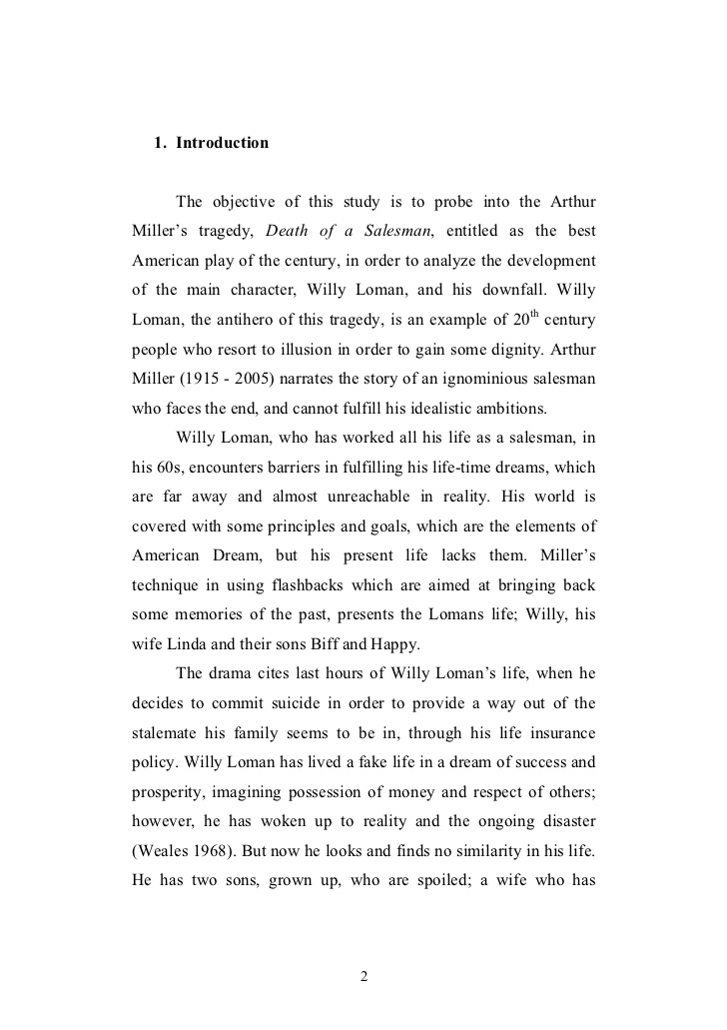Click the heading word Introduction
[222, 143]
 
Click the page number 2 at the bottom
[364, 976]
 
